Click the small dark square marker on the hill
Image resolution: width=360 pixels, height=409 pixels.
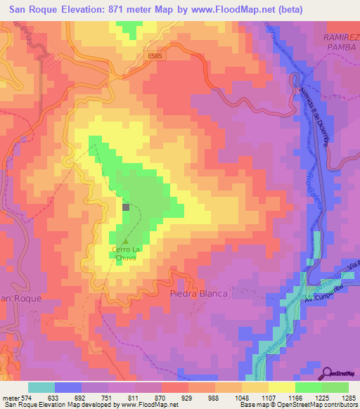tap(126, 207)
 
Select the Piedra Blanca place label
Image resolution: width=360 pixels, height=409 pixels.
tap(199, 294)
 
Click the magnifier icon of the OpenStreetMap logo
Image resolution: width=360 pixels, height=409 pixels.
tap(328, 373)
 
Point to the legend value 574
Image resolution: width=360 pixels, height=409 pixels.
tap(29, 397)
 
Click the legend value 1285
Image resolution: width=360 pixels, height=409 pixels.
tap(348, 397)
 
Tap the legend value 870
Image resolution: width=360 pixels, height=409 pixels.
tap(160, 397)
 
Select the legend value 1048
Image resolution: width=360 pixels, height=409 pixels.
tap(227, 397)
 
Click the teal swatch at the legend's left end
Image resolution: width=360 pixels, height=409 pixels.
tap(41, 387)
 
